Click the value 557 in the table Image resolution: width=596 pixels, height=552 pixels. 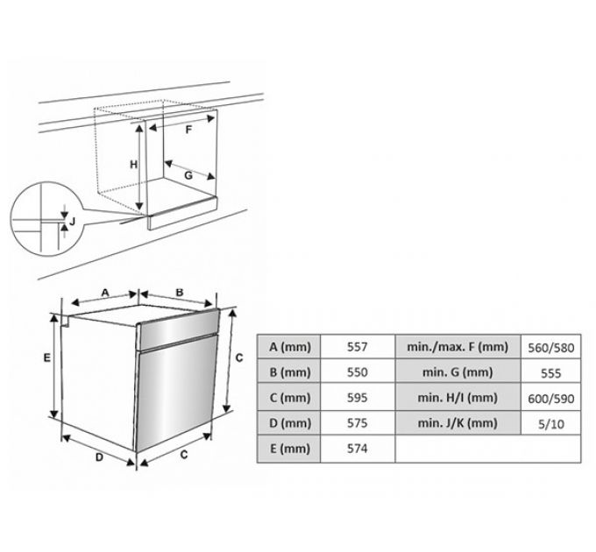click(x=357, y=347)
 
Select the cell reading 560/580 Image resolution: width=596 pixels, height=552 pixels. click(x=550, y=348)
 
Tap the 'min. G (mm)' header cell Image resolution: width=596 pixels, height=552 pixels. click(x=458, y=372)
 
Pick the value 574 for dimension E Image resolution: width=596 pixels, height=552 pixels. click(x=357, y=449)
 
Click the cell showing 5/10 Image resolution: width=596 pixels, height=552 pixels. click(x=550, y=424)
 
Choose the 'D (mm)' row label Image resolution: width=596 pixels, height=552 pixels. click(x=289, y=423)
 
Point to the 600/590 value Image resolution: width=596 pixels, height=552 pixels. click(x=550, y=399)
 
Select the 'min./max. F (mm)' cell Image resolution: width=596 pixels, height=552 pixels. click(x=458, y=347)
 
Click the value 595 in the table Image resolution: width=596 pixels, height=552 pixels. click(x=357, y=398)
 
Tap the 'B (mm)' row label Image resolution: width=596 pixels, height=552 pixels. click(x=289, y=372)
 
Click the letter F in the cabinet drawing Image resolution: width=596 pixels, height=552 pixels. click(x=188, y=130)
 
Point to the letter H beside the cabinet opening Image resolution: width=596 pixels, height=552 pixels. click(x=133, y=165)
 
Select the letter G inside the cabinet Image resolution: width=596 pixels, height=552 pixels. click(x=188, y=175)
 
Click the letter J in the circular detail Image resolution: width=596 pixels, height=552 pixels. click(x=72, y=221)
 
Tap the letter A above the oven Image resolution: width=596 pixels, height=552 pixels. click(x=105, y=293)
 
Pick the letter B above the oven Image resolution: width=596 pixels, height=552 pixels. click(x=180, y=293)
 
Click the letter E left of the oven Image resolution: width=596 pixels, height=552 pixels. click(x=46, y=357)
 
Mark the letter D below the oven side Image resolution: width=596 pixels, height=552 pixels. click(x=99, y=457)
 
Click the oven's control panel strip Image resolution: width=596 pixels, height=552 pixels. click(x=178, y=329)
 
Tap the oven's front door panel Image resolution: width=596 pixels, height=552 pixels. click(x=176, y=393)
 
